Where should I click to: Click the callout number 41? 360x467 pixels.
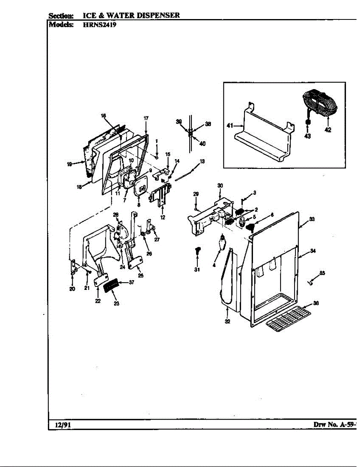(x=230, y=125)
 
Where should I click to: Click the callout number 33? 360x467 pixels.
(x=312, y=219)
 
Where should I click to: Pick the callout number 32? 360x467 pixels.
(x=227, y=321)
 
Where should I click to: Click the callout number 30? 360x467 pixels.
(x=220, y=186)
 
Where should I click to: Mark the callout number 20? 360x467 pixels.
(x=72, y=289)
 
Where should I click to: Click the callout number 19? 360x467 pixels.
(x=69, y=164)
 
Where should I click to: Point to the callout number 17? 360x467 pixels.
(x=146, y=118)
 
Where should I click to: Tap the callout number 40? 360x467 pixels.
(x=202, y=144)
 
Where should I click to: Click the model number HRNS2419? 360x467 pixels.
(x=100, y=25)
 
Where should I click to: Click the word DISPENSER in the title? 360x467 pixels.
(x=157, y=15)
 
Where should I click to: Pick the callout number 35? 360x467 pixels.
(x=322, y=273)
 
